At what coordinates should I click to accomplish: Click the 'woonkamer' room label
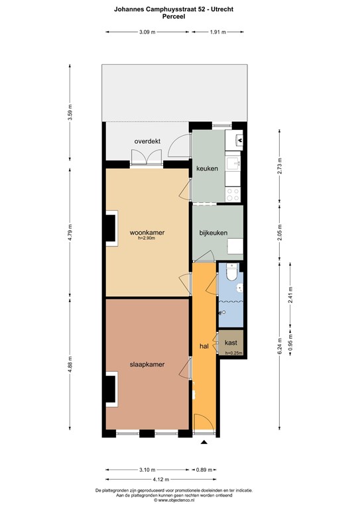pyautogui.click(x=147, y=233)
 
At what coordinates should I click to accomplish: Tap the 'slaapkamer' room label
pyautogui.click(x=147, y=364)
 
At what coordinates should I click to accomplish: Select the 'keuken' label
pyautogui.click(x=207, y=168)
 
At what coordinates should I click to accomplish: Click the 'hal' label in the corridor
pyautogui.click(x=204, y=346)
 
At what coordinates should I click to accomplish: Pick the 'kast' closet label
pyautogui.click(x=231, y=342)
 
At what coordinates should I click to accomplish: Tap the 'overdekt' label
pyautogui.click(x=148, y=141)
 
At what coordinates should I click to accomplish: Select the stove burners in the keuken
pyautogui.click(x=233, y=193)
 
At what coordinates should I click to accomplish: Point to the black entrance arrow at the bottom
pyautogui.click(x=204, y=442)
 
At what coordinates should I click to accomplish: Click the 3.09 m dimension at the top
pyautogui.click(x=147, y=32)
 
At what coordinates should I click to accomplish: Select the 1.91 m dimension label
pyautogui.click(x=217, y=32)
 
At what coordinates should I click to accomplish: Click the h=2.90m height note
pyautogui.click(x=147, y=239)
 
